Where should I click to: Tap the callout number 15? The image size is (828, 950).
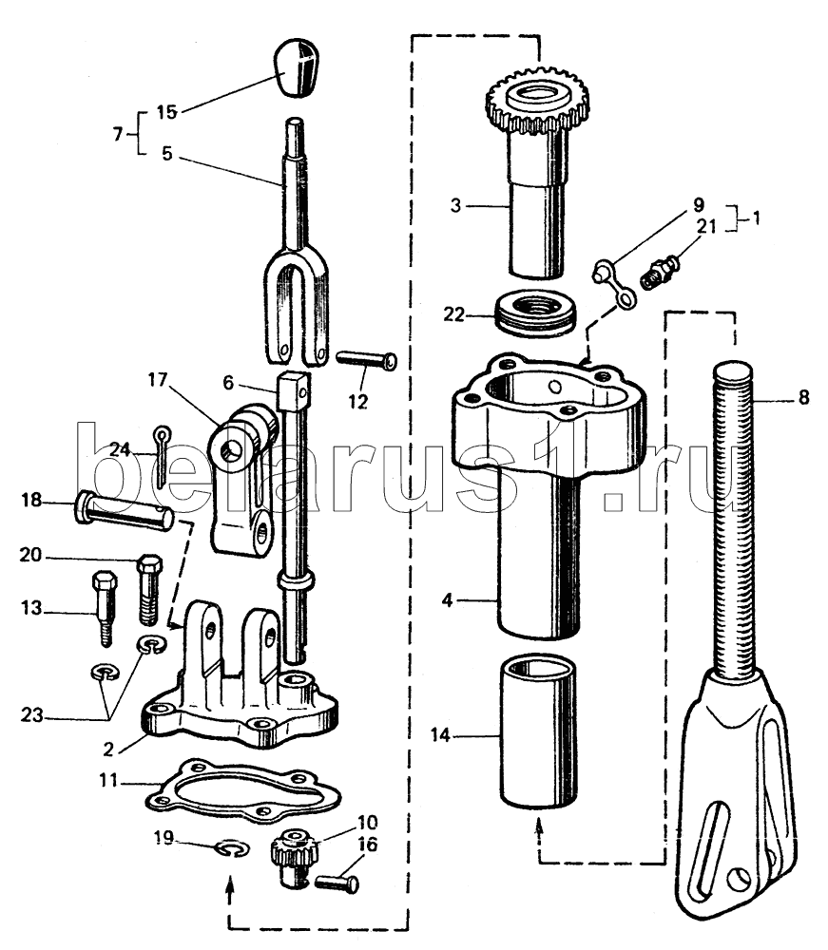click(166, 112)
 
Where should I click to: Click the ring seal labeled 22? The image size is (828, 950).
click(536, 311)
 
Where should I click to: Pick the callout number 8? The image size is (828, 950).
click(803, 397)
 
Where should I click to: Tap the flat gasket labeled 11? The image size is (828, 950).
click(243, 788)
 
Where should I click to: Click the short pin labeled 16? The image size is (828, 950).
click(337, 883)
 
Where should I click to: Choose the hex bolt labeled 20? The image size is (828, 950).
click(149, 589)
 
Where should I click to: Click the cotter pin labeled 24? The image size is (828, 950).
click(162, 456)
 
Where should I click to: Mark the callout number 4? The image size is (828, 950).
click(448, 600)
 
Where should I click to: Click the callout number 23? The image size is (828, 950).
click(32, 715)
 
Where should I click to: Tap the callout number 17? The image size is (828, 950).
click(157, 380)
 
